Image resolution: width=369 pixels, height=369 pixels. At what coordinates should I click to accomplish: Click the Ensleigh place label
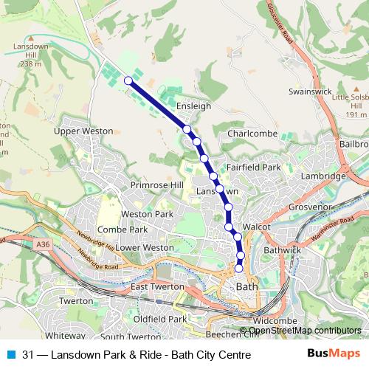coord(194,106)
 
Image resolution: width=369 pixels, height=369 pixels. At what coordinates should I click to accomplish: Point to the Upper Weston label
coord(83,131)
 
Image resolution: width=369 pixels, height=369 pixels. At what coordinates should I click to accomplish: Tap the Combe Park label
coord(123,230)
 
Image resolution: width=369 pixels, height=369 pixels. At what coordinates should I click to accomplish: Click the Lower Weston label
coord(145,247)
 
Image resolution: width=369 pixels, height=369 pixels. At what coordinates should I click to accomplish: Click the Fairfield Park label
coord(254,168)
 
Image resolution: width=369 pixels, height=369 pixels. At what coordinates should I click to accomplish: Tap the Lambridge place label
coord(323,176)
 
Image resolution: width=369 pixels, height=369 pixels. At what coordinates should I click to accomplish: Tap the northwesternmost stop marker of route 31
coord(128,80)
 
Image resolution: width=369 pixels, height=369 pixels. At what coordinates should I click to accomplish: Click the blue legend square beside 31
coord(11,354)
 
